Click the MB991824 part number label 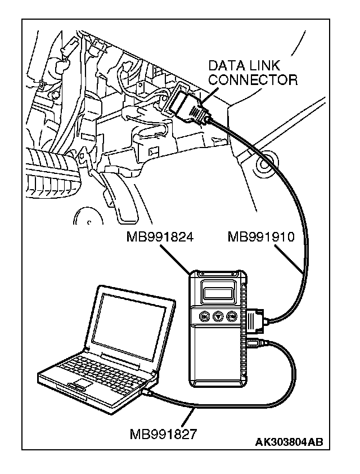160,237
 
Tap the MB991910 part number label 260,237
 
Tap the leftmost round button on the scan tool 204,317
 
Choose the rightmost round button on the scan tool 232,317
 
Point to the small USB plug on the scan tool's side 251,343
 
